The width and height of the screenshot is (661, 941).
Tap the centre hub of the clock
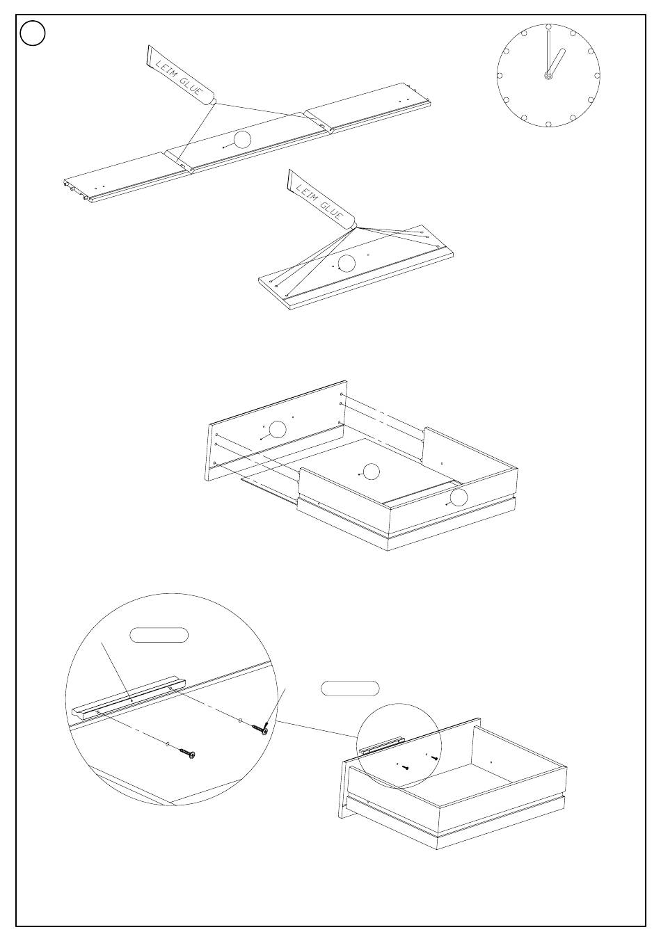coord(548,76)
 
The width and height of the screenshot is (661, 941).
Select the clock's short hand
coord(557,62)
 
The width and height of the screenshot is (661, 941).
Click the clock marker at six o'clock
coord(548,124)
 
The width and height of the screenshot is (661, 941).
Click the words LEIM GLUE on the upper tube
coord(179,79)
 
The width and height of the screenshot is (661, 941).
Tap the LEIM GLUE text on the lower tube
coord(319,202)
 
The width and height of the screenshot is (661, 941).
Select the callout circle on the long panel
coord(242,140)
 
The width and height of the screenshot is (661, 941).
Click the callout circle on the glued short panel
coord(347,264)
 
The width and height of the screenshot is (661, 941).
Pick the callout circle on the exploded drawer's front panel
coord(278,429)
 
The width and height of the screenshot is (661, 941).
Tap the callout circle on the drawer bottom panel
coord(371,472)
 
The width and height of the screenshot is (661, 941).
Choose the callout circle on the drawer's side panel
coord(459,498)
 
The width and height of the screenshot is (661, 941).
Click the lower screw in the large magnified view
coord(187,753)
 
